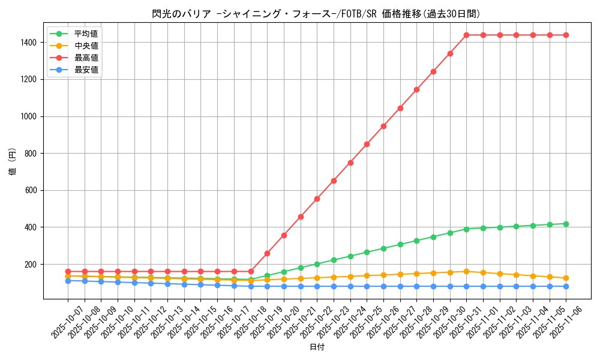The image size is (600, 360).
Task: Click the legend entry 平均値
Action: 86,34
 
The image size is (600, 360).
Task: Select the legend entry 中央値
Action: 86,46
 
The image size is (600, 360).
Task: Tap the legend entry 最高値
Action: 86,58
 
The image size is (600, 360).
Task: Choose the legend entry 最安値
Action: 86,70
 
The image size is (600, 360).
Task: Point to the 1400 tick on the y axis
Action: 28,43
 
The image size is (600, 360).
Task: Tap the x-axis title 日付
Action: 317,347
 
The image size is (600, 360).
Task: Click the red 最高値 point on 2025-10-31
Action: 466,35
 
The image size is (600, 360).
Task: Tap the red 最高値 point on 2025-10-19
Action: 267,253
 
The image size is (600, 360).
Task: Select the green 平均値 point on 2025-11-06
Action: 566,224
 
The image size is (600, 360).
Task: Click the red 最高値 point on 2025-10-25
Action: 367,144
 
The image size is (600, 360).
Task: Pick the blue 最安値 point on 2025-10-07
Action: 68,281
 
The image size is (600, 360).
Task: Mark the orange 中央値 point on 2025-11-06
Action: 566,278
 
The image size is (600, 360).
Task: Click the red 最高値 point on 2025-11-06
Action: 566,35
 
